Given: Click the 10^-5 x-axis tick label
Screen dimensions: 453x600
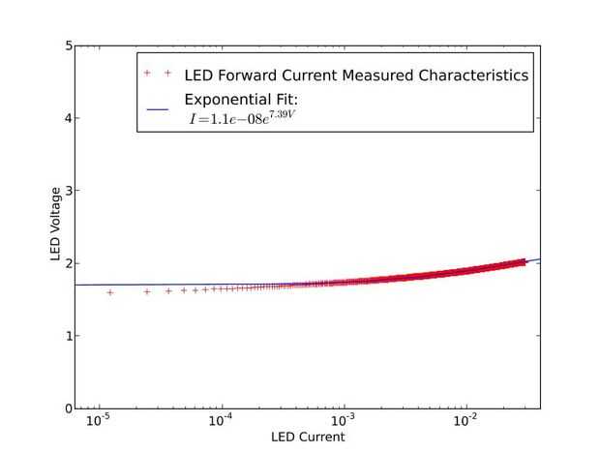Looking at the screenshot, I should coord(98,421).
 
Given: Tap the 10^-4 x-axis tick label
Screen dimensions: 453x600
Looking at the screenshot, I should coord(222,421).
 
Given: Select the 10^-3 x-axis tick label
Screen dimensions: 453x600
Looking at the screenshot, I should coord(344,421).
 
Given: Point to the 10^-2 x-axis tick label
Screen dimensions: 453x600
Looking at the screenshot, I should coord(466,421).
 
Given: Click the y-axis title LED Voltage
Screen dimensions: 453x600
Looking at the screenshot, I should coord(56,226).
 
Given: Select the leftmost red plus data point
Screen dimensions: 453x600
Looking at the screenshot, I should coord(110,291).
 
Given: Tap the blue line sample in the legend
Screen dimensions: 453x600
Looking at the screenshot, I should coord(159,108).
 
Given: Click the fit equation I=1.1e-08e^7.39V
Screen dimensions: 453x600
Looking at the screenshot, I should coord(246,120).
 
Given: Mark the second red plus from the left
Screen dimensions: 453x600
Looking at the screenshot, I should coord(147,290).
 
